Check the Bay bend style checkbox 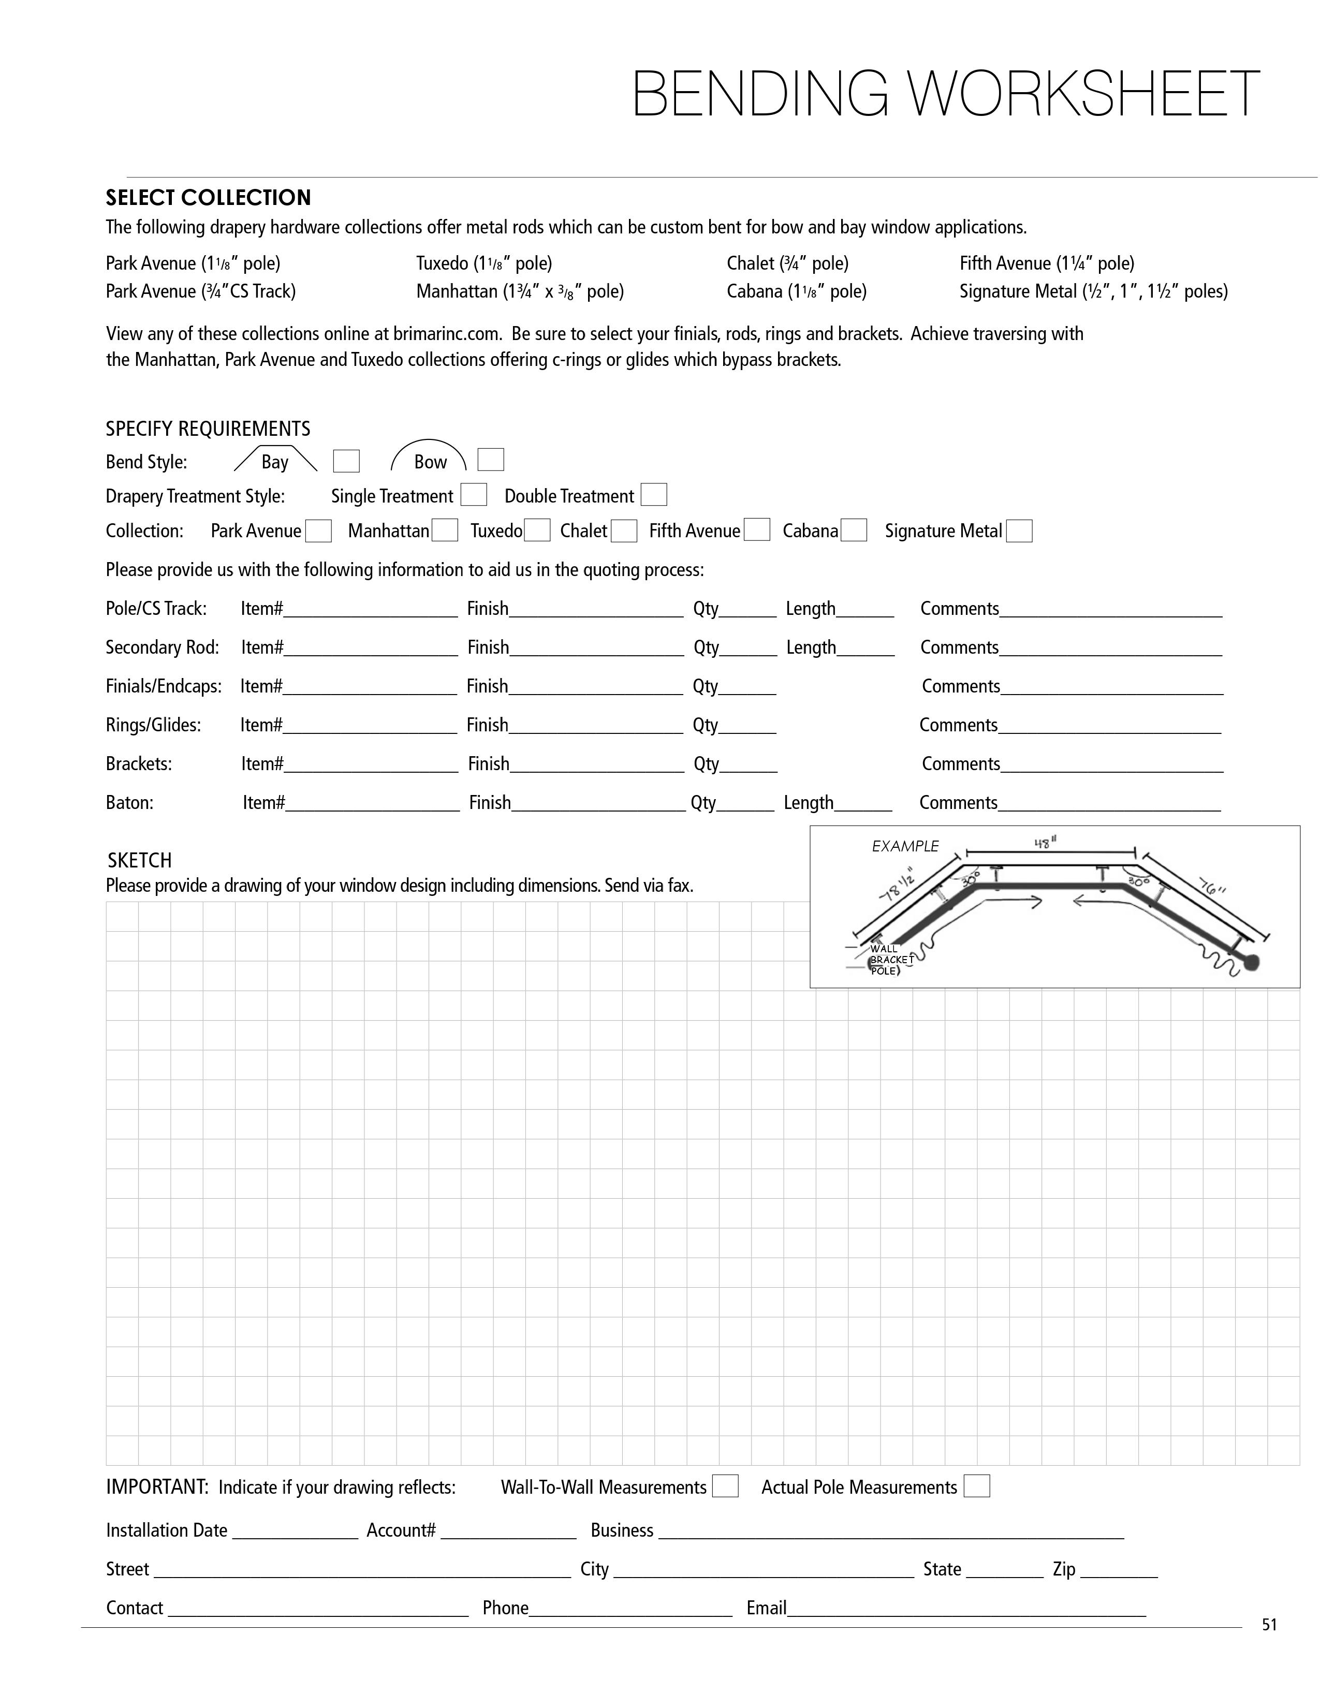pos(346,461)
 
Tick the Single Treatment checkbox pos(474,495)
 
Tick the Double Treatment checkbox pos(654,495)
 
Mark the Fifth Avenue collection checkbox pos(757,529)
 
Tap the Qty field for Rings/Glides pos(747,727)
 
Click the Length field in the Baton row pos(863,804)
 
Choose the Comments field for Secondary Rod pos(1110,649)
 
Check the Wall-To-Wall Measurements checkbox pos(726,1486)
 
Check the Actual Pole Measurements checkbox pos(977,1486)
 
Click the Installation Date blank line pos(295,1532)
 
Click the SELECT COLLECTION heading pos(208,197)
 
